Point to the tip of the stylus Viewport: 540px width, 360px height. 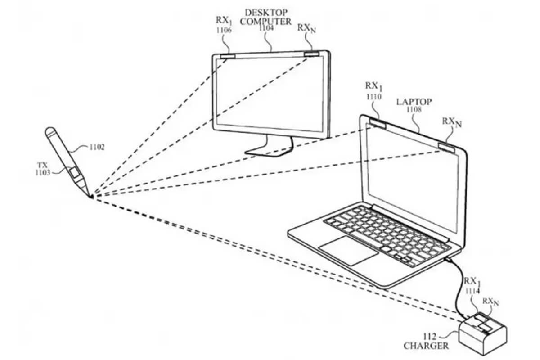click(x=91, y=196)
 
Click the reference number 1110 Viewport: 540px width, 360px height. click(x=373, y=96)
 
